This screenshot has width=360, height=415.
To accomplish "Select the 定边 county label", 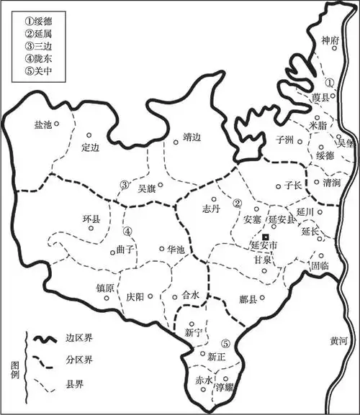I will point(90,148).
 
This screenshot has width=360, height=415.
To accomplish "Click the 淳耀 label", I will point(225,388).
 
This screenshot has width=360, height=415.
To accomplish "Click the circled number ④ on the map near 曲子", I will point(127,232).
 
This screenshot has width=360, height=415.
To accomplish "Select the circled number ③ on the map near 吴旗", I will point(125,184).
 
